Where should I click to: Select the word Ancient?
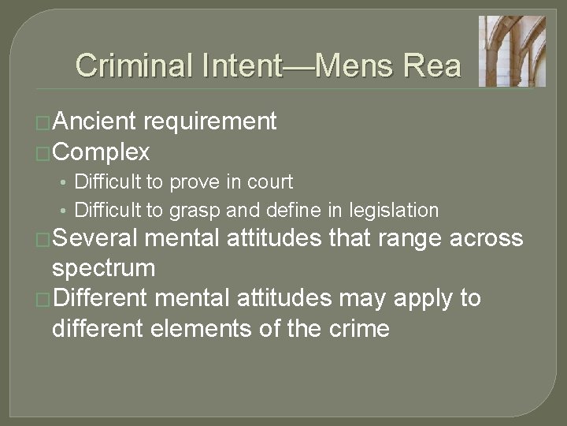pos(94,121)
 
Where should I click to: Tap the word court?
pos(270,182)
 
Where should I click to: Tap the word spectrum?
pos(103,268)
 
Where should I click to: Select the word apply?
pos(426,299)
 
